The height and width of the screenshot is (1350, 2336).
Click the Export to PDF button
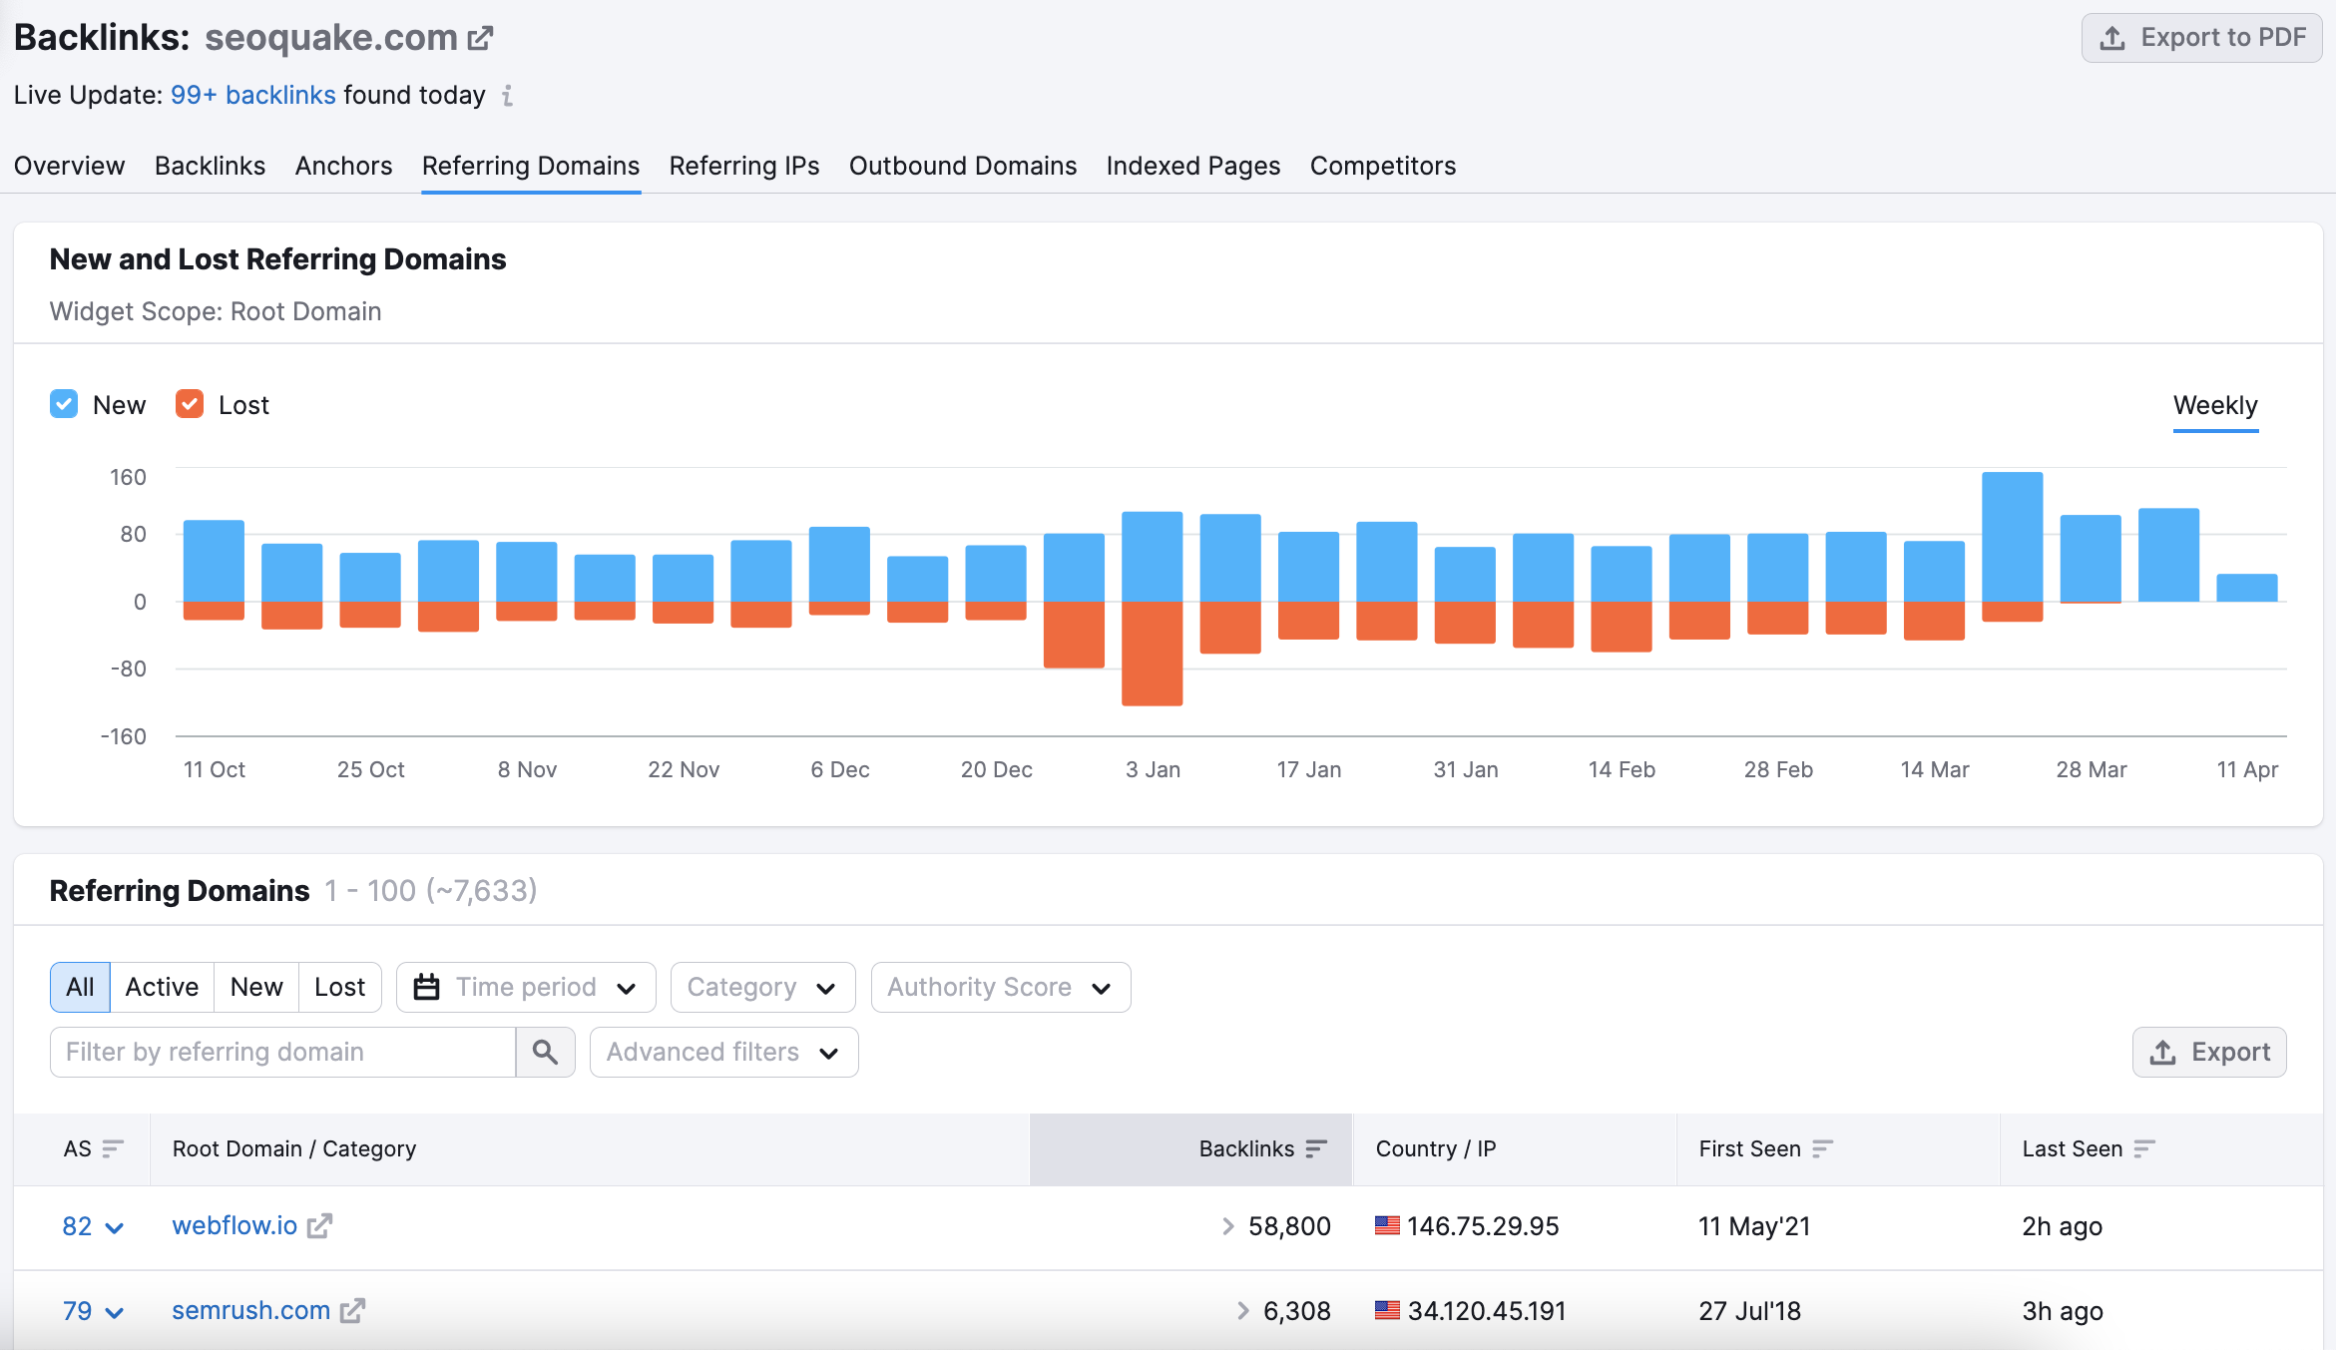(2201, 38)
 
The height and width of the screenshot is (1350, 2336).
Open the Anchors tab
(343, 166)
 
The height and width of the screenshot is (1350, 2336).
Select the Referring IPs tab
(743, 166)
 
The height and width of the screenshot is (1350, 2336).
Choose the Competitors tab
(1382, 166)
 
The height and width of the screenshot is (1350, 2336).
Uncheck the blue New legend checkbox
(64, 404)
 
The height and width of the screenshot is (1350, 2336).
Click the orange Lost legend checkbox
(190, 404)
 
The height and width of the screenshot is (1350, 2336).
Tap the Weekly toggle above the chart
(2214, 405)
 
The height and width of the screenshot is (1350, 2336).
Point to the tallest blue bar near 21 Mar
(2012, 537)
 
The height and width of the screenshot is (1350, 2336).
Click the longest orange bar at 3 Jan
(1152, 654)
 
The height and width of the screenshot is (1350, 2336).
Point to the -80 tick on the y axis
(129, 669)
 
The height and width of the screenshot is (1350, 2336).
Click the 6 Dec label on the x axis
(839, 769)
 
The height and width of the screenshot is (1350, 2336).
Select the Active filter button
(162, 987)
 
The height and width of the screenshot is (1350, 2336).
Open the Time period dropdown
(526, 987)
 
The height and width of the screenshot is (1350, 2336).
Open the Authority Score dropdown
(1000, 987)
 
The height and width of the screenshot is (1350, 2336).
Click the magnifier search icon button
(545, 1052)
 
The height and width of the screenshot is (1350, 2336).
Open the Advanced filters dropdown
(723, 1052)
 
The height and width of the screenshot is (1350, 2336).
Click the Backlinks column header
(1246, 1148)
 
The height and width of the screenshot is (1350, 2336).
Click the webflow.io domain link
(234, 1225)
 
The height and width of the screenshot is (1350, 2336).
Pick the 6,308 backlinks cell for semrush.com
(1296, 1311)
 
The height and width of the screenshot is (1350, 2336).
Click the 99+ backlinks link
(252, 95)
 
